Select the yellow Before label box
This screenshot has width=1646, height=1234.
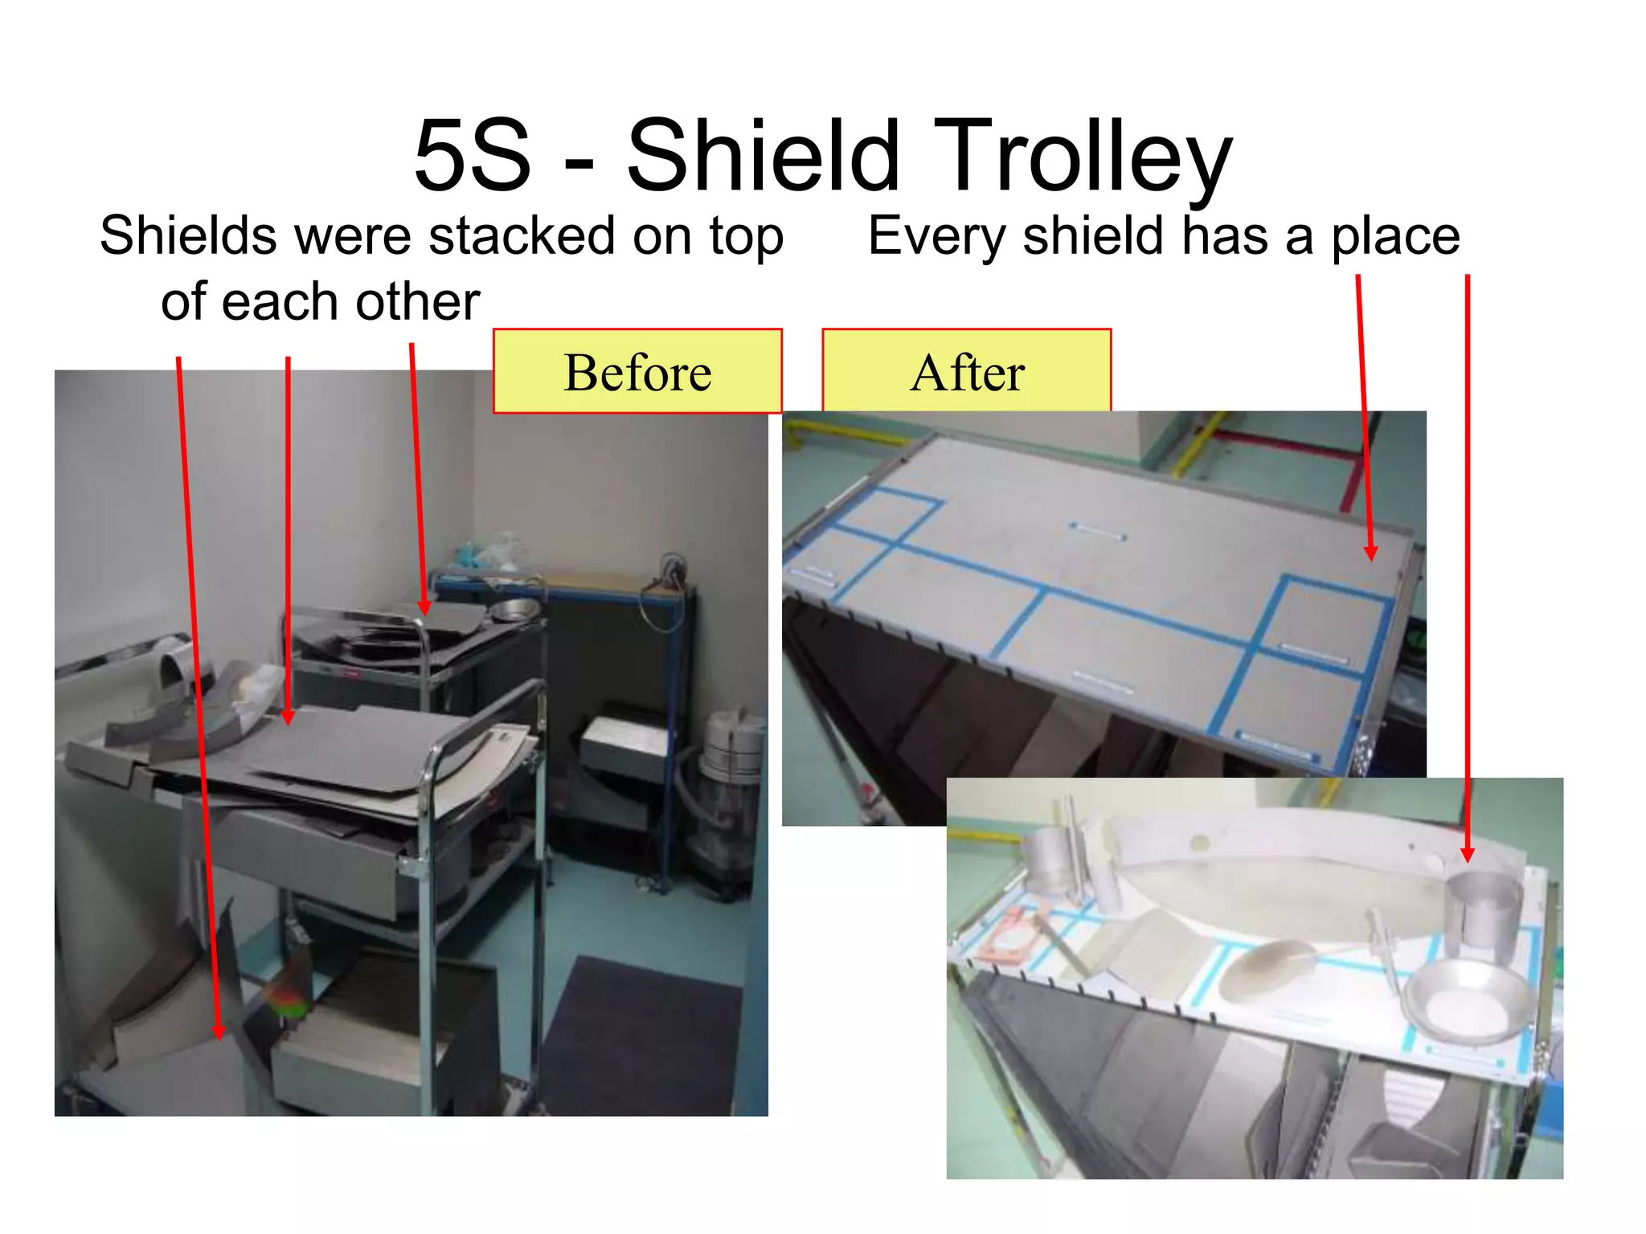point(637,372)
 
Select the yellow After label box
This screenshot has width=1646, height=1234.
point(966,372)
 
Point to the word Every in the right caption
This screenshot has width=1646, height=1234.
point(936,236)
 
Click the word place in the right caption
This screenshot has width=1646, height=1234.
point(1395,236)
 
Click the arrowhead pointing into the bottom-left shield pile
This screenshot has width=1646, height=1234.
point(219,1032)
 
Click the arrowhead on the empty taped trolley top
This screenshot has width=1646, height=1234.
point(1371,553)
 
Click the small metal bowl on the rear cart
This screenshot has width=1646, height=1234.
point(514,610)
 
